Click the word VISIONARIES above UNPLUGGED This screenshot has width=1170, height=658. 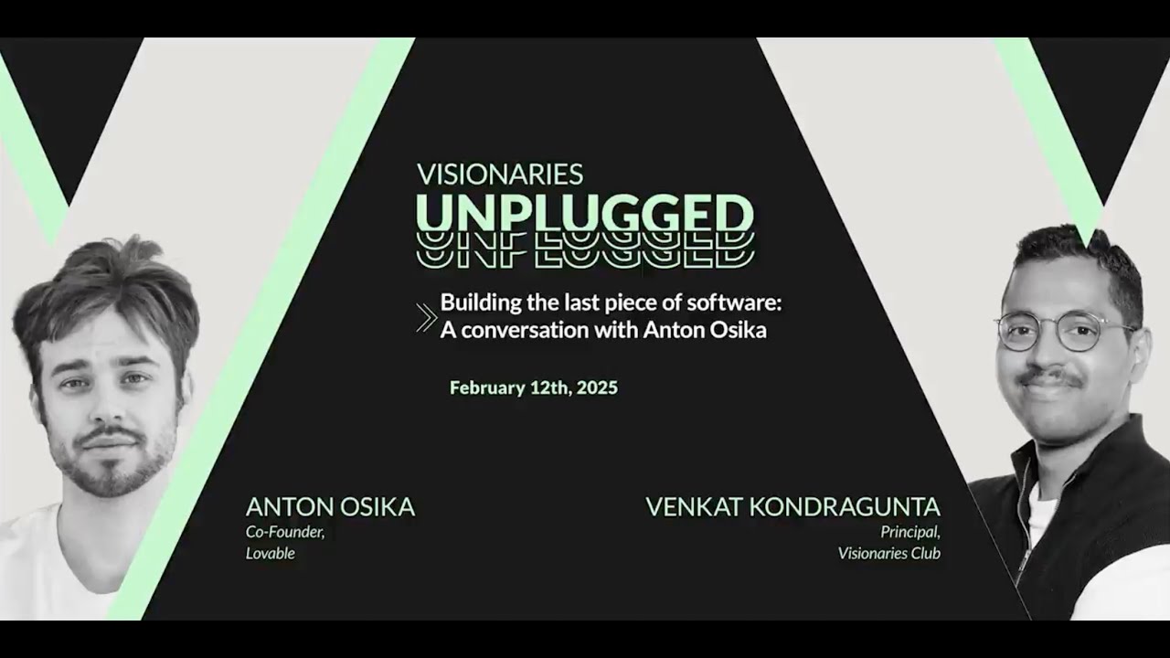pos(499,174)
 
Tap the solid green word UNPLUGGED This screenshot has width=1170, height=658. pos(585,213)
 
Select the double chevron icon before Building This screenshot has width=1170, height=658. pos(426,316)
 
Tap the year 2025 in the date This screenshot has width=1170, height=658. pos(597,387)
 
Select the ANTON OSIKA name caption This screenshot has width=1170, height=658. pos(330,507)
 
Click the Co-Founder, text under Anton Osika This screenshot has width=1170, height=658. pos(285,532)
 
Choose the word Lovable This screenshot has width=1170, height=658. pos(270,554)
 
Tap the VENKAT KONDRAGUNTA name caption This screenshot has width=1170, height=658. pos(792,507)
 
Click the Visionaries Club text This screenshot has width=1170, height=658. pos(888,554)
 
